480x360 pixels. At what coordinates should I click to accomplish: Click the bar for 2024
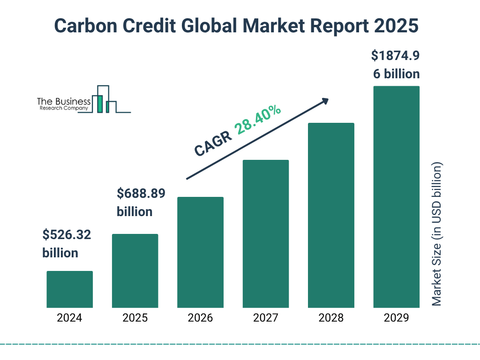69,289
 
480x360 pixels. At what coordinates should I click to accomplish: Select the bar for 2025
135,270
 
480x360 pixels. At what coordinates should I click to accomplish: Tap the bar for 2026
200,252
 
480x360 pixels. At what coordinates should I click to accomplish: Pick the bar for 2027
265,233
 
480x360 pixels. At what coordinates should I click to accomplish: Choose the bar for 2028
331,215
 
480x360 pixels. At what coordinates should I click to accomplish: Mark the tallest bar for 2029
396,197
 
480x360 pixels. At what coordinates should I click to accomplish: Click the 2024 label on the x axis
69,318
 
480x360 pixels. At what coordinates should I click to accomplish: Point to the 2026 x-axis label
200,318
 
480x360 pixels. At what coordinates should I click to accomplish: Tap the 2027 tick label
265,318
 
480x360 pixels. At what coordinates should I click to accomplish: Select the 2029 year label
396,318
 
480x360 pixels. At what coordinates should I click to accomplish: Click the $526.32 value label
66,235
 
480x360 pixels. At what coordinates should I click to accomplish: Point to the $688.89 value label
141,193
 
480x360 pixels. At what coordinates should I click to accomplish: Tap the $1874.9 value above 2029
395,56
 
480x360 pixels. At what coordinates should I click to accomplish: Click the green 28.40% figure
257,120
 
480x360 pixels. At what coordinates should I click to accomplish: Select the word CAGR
213,143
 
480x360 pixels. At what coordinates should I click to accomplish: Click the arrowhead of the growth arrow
325,101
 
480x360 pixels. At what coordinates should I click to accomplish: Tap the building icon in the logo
105,99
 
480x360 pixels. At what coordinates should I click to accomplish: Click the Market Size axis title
437,234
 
